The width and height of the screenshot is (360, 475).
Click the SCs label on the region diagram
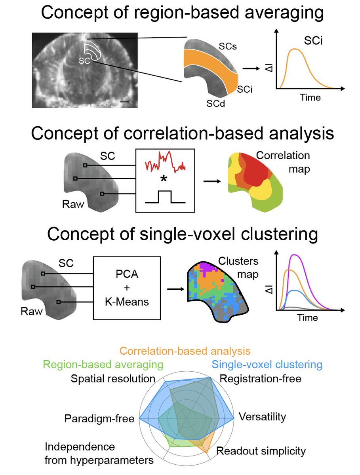pyautogui.click(x=228, y=46)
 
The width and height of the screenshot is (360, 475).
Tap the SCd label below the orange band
pyautogui.click(x=215, y=104)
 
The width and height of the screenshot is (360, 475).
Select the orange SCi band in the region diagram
pyautogui.click(x=210, y=65)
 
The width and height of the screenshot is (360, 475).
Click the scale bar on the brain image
pyautogui.click(x=124, y=102)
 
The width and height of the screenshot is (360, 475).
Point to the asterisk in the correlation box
pyautogui.click(x=163, y=179)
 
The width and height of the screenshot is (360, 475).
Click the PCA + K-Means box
pyautogui.click(x=127, y=288)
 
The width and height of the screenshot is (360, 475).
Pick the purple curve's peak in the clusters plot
pyautogui.click(x=294, y=255)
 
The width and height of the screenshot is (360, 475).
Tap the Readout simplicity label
pyautogui.click(x=261, y=451)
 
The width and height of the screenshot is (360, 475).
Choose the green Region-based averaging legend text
pyautogui.click(x=97, y=365)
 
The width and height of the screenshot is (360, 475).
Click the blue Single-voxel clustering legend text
pyautogui.click(x=266, y=365)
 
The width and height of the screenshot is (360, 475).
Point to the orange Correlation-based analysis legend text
pyautogui.click(x=185, y=351)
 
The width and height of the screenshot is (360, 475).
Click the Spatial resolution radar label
pyautogui.click(x=113, y=379)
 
